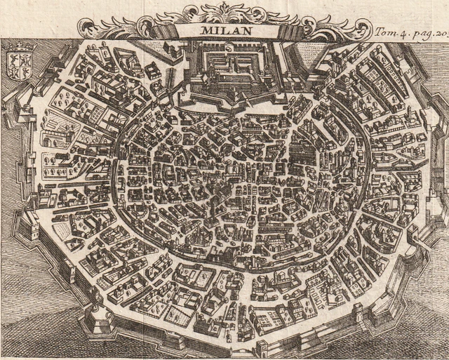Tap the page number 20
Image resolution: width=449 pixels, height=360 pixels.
[441, 32]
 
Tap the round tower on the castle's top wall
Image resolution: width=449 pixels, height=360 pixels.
[228, 47]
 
